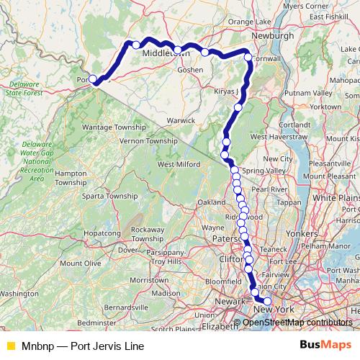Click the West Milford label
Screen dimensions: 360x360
177,165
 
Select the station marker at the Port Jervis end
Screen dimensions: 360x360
93,80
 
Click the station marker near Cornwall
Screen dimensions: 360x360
248,58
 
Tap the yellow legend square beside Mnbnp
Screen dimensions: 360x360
10,346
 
